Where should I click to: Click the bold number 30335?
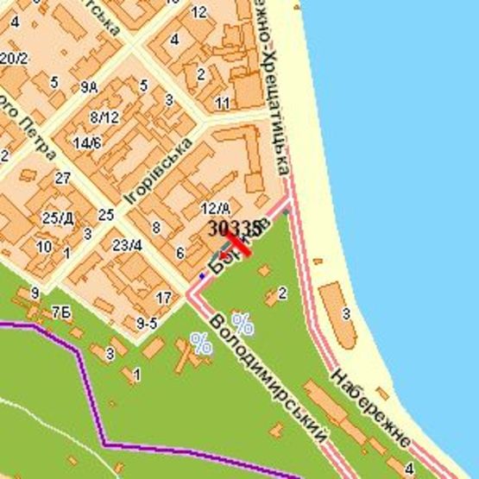[234, 228]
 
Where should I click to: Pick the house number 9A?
[90, 87]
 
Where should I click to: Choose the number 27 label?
[62, 179]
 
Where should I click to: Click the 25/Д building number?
[58, 217]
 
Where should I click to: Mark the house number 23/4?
[127, 245]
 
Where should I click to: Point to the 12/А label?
[214, 208]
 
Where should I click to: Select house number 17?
[164, 299]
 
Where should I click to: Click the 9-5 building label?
[147, 325]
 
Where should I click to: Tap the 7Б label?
[60, 312]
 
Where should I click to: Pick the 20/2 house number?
[13, 59]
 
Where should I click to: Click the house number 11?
[223, 104]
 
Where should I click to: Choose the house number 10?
[44, 247]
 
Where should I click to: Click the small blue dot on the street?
[203, 276]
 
